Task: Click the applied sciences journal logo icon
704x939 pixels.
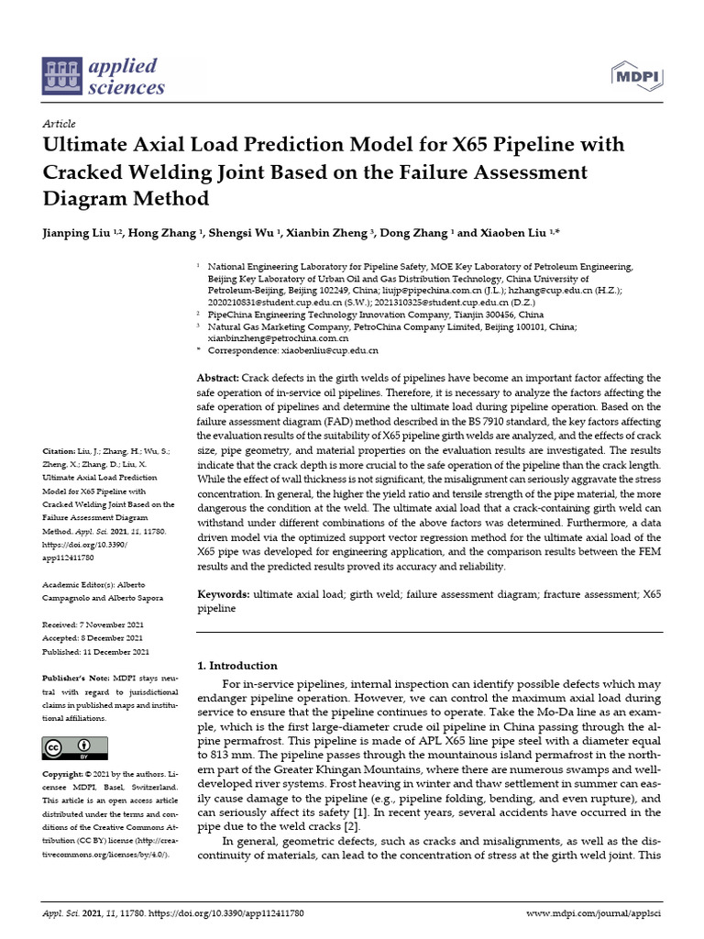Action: [60, 77]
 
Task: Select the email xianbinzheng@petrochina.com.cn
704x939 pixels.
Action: [272, 337]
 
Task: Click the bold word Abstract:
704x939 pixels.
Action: [219, 378]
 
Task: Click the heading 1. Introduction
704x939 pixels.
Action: [238, 665]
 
